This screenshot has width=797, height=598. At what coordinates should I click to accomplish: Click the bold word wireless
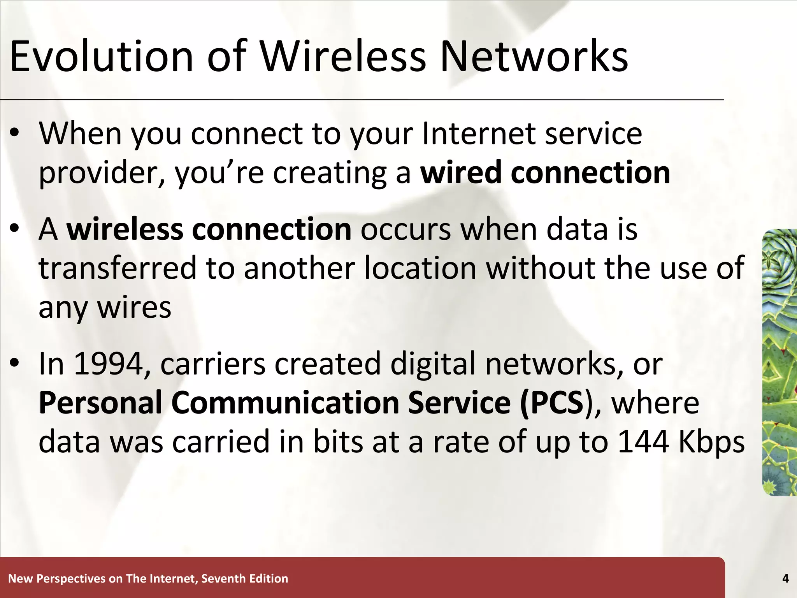click(125, 229)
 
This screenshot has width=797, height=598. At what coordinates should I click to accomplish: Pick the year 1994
click(108, 364)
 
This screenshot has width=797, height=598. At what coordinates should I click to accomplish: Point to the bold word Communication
click(285, 403)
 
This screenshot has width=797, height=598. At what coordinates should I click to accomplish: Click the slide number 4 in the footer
click(785, 579)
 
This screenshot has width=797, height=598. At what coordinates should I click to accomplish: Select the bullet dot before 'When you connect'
click(14, 134)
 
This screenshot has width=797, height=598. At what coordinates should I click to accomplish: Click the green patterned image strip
click(779, 362)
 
